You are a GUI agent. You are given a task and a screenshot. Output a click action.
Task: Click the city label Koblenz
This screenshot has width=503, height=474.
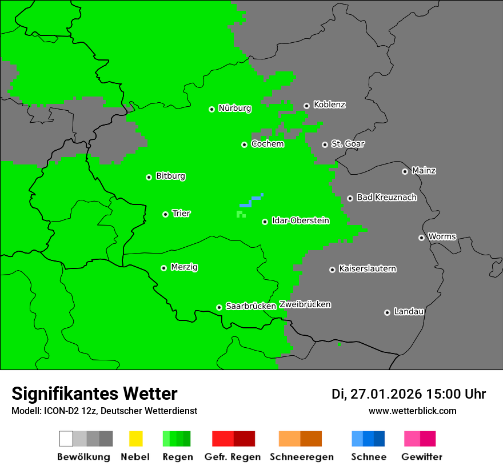pyautogui.click(x=329, y=105)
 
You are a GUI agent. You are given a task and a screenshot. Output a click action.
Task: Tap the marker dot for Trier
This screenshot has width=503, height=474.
pyautogui.click(x=165, y=214)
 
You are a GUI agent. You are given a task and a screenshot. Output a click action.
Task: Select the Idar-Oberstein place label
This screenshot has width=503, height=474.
pyautogui.click(x=301, y=221)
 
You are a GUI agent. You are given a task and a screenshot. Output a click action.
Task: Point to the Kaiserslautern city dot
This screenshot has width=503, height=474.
pyautogui.click(x=332, y=270)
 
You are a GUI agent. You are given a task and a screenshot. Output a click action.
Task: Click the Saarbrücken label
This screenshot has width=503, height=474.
pyautogui.click(x=251, y=306)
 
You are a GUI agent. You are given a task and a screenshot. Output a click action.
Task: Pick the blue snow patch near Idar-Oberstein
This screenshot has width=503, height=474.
pyautogui.click(x=251, y=201)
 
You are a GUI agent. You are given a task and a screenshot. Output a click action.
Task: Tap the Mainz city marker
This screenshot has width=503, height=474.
pyautogui.click(x=405, y=171)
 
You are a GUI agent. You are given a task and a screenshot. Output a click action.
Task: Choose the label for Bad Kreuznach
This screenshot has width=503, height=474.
pyautogui.click(x=386, y=198)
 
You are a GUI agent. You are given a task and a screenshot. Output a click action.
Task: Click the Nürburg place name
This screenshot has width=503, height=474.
pyautogui.click(x=234, y=109)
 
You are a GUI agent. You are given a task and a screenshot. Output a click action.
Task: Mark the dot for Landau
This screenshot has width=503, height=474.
pyautogui.click(x=387, y=312)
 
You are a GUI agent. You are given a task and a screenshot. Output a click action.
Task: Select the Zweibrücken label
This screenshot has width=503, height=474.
pyautogui.click(x=305, y=304)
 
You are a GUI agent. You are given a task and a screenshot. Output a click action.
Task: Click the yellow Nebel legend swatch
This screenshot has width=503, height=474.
pyautogui.click(x=135, y=439)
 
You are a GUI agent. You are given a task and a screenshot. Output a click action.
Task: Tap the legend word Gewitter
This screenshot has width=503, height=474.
pyautogui.click(x=422, y=457)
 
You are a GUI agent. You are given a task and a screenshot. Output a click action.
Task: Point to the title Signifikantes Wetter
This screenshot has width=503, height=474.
pyautogui.click(x=94, y=393)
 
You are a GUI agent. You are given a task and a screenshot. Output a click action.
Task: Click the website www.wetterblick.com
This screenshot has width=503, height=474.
pyautogui.click(x=412, y=411)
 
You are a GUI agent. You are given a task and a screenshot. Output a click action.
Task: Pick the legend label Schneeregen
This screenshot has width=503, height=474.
pyautogui.click(x=301, y=457)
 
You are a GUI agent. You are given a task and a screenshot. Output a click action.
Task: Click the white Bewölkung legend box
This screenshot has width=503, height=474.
pyautogui.click(x=66, y=439)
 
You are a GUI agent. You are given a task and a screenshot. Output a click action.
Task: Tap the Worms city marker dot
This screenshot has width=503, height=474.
pyautogui.click(x=421, y=238)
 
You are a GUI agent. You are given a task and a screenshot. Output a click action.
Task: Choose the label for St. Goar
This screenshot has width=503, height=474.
pyautogui.click(x=348, y=144)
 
